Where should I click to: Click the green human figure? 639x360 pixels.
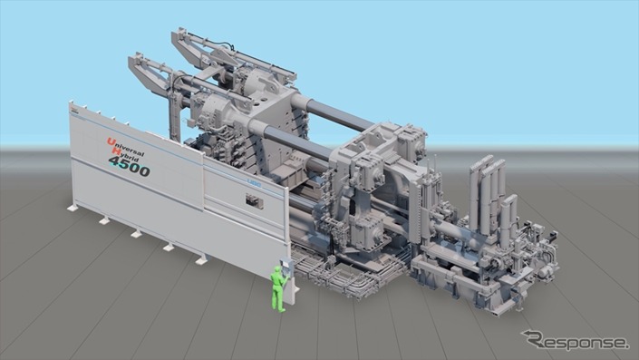[x=279, y=288]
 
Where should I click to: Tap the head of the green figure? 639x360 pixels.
[x=278, y=269]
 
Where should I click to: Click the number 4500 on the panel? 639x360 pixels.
[x=130, y=166]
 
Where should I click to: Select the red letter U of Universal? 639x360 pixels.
[x=110, y=141]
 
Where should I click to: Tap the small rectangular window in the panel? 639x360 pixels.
[x=255, y=201]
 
